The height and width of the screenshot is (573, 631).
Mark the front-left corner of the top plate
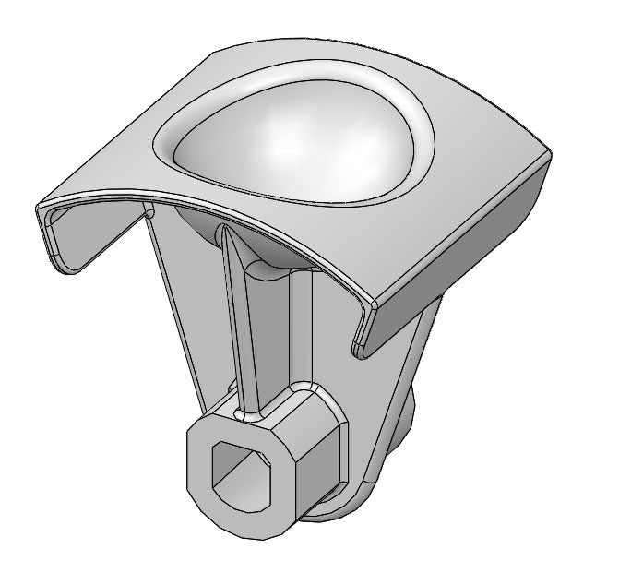click(x=39, y=205)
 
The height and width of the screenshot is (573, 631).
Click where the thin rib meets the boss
click(x=250, y=407)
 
